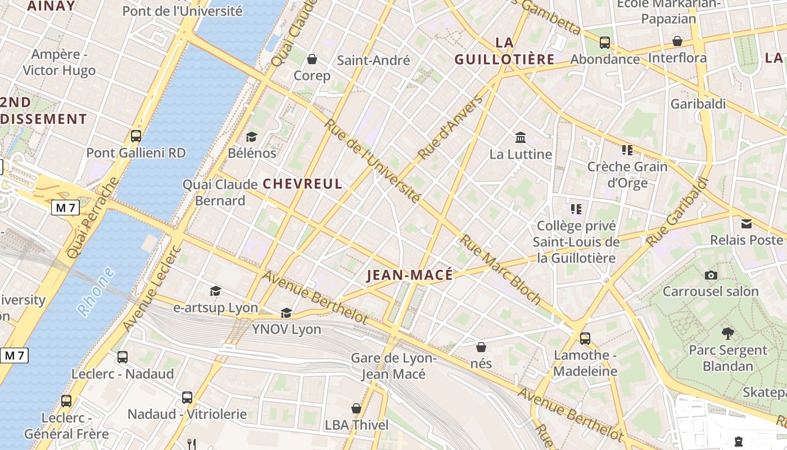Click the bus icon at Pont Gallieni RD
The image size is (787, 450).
tap(136, 136)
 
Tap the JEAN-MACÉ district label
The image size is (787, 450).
tap(409, 275)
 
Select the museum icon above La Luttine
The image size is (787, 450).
tap(521, 137)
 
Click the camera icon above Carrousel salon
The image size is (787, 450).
tap(711, 275)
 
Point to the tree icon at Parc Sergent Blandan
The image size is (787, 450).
tap(728, 333)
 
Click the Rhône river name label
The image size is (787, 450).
tap(96, 291)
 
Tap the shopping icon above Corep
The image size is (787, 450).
tap(312, 59)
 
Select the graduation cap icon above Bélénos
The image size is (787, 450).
tap(251, 137)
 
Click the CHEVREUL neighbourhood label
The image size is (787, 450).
tap(302, 184)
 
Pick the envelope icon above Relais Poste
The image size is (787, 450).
tap(747, 224)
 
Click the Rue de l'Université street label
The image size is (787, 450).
tap(372, 161)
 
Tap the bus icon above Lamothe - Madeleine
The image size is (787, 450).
tap(585, 338)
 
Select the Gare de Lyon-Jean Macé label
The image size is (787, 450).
tap(393, 366)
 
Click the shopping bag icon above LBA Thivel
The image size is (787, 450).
tap(356, 408)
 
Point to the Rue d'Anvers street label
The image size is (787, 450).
tap(450, 128)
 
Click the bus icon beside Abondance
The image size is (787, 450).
tap(605, 42)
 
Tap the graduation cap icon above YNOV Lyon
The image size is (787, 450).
tap(287, 313)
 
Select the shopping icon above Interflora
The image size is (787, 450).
tap(677, 41)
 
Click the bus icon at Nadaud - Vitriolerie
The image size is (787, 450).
tap(187, 398)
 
